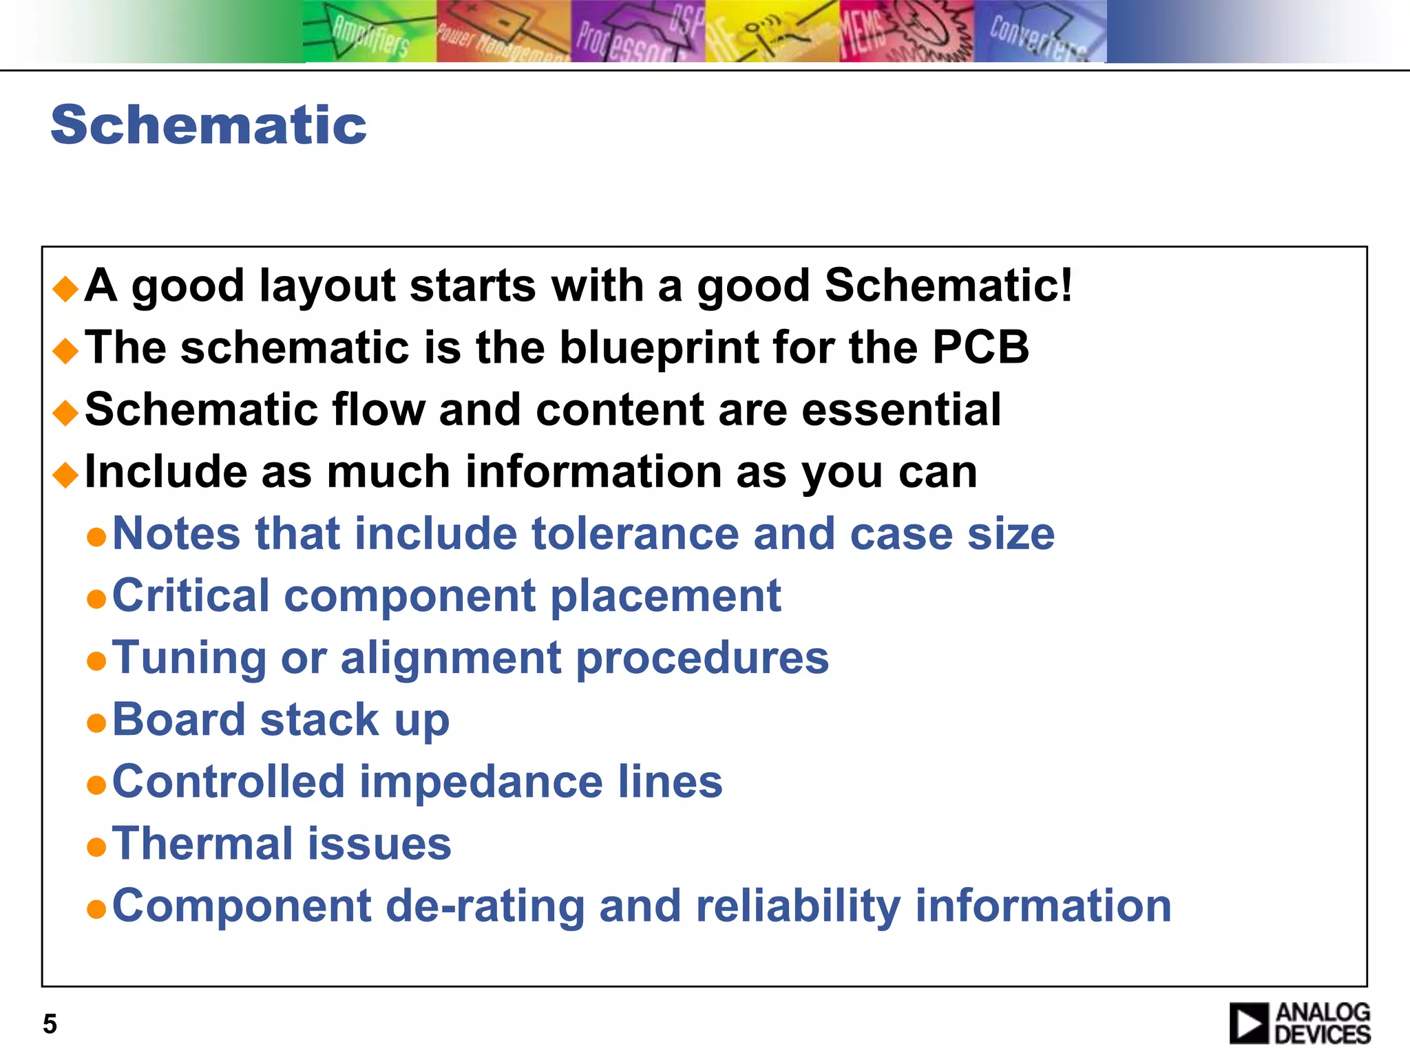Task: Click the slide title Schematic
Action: [209, 125]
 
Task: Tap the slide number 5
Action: [50, 1024]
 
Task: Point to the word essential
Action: [901, 409]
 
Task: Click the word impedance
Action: [481, 782]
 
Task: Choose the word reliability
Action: [798, 906]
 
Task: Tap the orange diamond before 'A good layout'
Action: [66, 288]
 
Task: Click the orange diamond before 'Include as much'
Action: [66, 474]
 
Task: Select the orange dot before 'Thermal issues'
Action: [96, 847]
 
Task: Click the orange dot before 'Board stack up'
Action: [96, 723]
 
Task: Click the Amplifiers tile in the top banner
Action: [369, 32]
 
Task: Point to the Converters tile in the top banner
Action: [1040, 32]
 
